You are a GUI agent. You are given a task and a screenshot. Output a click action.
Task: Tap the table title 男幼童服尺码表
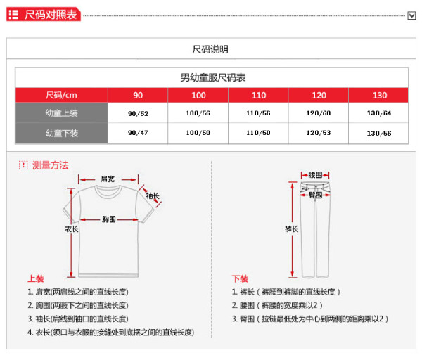pos(212,77)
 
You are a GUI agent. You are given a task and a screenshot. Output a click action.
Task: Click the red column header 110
pos(259,96)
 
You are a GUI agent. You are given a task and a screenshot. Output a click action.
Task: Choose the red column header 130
pos(380,96)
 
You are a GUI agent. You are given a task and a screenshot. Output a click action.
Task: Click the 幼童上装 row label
pos(62,113)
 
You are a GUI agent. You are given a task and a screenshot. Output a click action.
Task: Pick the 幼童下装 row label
pos(62,133)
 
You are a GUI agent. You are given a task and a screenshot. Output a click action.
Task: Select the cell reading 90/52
pos(138,113)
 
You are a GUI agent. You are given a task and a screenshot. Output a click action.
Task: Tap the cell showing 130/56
pos(379,133)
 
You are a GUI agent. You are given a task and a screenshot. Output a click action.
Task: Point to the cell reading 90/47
pos(138,133)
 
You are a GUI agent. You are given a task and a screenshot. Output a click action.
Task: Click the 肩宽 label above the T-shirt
pos(108,179)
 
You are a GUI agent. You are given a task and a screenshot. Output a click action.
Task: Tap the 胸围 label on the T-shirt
pos(108,219)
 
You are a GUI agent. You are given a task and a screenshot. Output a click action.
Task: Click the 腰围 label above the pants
pos(316,174)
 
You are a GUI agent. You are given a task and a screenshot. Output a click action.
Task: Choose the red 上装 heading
pos(36,278)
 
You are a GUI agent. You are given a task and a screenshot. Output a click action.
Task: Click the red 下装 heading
pos(241,278)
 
